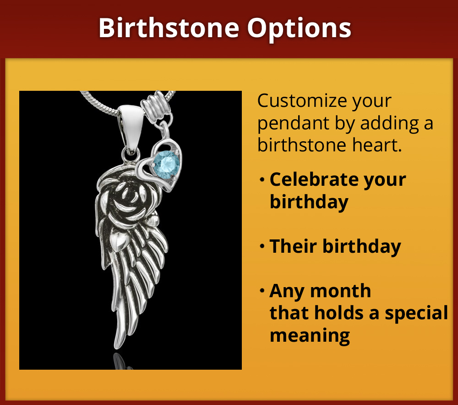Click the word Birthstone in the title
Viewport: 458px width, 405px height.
169,28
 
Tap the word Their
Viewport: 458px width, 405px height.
294,246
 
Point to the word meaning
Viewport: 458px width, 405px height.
310,335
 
